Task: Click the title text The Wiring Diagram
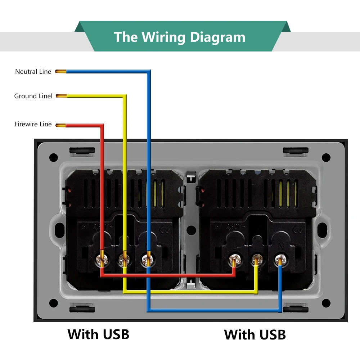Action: tap(179, 37)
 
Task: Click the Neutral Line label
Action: tap(33, 72)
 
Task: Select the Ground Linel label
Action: tap(33, 96)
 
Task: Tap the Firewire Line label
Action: tap(33, 124)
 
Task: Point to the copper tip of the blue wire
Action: tap(60, 72)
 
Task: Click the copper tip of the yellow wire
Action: tap(61, 96)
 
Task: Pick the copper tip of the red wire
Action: tap(60, 125)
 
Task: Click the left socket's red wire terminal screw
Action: tap(102, 258)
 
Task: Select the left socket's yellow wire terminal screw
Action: tap(124, 258)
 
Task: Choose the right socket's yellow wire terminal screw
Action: tap(257, 258)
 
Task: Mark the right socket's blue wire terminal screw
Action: tap(280, 258)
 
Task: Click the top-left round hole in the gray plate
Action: tap(53, 157)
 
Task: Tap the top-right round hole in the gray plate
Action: tap(326, 157)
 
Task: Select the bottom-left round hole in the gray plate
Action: tap(53, 303)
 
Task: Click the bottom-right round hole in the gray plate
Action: tap(326, 303)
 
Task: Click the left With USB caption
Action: tap(98, 334)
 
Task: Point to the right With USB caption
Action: tap(255, 334)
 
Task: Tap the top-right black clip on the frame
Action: tap(295, 150)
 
